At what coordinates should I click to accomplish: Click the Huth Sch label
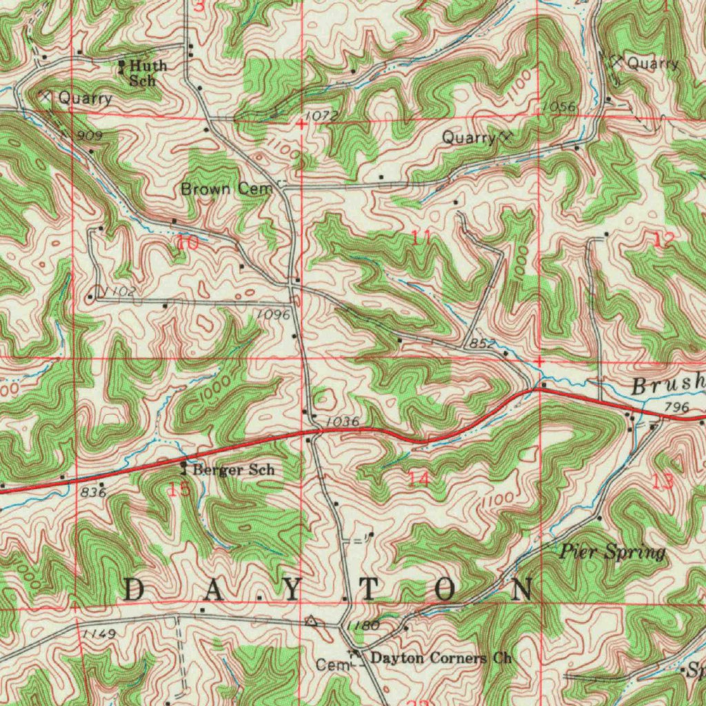pos(146,72)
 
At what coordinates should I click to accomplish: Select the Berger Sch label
pos(233,470)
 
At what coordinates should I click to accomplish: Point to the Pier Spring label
pos(612,552)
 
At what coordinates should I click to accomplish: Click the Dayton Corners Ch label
pos(441,658)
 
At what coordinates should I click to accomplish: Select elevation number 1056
pos(558,106)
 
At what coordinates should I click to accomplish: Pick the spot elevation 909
pos(90,137)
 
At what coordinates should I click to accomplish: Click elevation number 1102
pos(120,292)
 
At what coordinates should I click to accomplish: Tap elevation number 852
pos(481,343)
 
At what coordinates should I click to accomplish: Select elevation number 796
pos(677,408)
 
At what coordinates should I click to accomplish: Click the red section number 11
pos(421,239)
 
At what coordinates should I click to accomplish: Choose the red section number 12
pos(665,239)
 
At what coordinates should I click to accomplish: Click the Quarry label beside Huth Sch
pos(84,98)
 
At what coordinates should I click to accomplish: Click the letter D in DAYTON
pos(135,590)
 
